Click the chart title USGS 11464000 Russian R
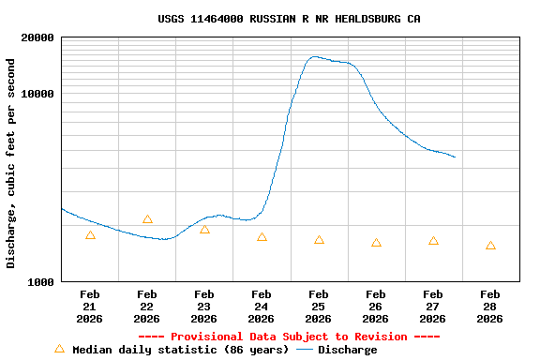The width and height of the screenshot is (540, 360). (289, 19)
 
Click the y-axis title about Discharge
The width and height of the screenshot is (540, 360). (11, 163)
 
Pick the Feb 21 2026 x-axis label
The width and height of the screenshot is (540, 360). (90, 307)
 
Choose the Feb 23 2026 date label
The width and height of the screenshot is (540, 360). (204, 307)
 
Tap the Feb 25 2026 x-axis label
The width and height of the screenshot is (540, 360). (319, 307)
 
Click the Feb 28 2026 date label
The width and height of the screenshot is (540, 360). (490, 307)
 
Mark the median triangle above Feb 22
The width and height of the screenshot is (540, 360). (147, 219)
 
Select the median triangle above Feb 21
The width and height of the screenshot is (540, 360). (90, 235)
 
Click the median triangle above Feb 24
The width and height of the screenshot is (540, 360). (262, 237)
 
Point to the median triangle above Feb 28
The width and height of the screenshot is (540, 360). (490, 246)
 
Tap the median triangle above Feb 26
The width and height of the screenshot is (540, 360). (376, 243)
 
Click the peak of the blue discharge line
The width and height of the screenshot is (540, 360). (315, 56)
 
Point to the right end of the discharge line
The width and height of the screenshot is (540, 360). (455, 157)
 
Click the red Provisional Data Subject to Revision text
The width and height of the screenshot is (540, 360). (289, 337)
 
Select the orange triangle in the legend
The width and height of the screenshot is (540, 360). (59, 349)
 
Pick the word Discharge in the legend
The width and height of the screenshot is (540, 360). (347, 350)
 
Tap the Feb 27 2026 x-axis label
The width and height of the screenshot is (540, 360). (433, 307)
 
